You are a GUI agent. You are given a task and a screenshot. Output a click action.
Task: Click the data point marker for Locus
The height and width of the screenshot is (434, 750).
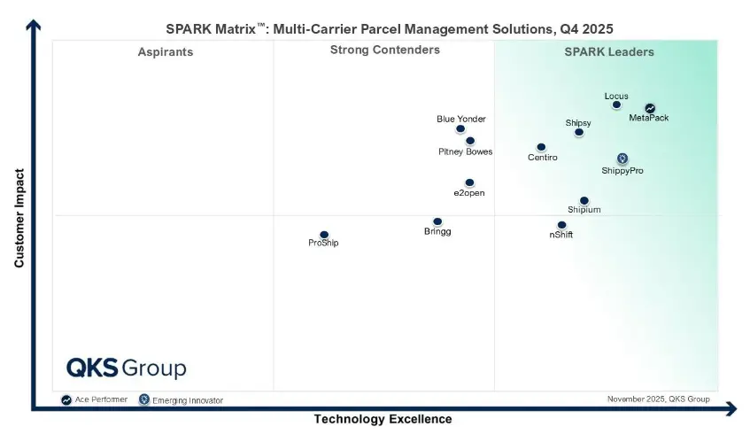[616, 105]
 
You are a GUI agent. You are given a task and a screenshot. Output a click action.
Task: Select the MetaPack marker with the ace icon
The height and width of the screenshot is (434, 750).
[650, 109]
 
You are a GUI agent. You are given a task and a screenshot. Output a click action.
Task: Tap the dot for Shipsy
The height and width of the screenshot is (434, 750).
[579, 133]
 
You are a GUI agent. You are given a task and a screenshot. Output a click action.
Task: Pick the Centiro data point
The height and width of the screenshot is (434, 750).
[541, 147]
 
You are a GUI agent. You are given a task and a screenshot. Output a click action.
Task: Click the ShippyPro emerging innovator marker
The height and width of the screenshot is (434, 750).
[622, 159]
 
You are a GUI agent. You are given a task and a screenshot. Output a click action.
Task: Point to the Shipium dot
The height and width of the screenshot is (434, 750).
[584, 201]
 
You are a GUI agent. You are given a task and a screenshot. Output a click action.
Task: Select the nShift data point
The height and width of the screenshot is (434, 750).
[561, 225]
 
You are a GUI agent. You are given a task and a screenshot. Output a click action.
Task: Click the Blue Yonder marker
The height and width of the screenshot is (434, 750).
[460, 129]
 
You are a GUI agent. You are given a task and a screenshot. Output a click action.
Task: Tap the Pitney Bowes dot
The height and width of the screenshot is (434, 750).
[470, 141]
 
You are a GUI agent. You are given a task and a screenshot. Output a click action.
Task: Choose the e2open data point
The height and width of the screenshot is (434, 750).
[469, 182]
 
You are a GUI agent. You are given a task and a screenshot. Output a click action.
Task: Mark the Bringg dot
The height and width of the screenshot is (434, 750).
[437, 221]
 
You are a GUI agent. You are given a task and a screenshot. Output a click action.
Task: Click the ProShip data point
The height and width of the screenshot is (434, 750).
[324, 235]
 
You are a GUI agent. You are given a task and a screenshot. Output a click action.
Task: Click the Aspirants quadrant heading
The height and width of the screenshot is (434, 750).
[165, 52]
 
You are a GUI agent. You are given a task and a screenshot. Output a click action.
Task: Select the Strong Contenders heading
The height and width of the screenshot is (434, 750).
[384, 50]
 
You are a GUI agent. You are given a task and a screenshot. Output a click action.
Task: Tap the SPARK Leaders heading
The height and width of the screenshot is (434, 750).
[609, 52]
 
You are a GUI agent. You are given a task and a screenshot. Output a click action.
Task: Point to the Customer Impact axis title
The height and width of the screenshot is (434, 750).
[19, 218]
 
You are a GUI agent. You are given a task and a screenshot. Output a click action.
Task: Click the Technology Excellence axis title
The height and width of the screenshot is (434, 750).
[383, 419]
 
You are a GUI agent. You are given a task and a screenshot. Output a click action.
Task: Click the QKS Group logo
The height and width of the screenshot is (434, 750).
[126, 368]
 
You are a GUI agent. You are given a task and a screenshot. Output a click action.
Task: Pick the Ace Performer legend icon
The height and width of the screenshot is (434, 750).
[66, 400]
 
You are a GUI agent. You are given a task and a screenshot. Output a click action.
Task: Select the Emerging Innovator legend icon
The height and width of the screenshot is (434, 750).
[143, 400]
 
